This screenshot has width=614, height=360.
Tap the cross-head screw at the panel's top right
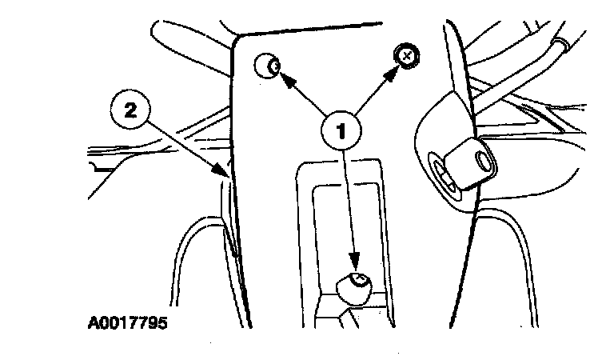[407, 56]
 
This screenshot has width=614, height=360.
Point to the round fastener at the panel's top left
[268, 65]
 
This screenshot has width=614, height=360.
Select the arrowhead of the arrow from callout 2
[226, 172]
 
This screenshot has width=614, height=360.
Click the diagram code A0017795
[128, 325]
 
